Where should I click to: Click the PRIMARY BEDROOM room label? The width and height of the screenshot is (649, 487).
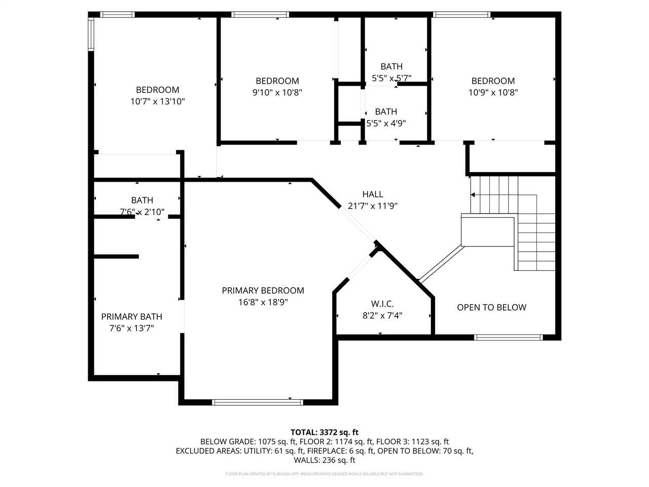click(x=263, y=291)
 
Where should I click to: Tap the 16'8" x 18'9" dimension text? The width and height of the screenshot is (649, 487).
click(x=263, y=302)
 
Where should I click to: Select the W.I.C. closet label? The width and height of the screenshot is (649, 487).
click(x=382, y=304)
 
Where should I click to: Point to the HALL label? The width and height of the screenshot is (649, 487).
click(x=373, y=194)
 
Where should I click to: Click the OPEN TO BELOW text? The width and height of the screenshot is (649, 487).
click(x=491, y=307)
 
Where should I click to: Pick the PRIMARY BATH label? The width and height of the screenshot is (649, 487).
click(x=131, y=317)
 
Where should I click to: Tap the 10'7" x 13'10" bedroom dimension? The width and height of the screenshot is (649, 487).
click(x=157, y=101)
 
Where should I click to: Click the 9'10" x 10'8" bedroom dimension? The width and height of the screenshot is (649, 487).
click(x=277, y=92)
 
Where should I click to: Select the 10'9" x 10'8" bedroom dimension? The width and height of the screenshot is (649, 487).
click(x=493, y=92)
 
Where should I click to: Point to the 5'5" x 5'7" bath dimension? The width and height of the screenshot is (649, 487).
click(x=391, y=78)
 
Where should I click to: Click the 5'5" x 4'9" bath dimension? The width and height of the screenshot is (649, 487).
click(x=386, y=123)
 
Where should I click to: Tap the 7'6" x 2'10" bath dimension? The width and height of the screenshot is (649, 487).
click(x=142, y=212)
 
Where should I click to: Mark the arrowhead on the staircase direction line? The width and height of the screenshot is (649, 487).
click(x=473, y=195)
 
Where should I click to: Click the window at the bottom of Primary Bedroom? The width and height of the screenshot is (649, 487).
click(x=258, y=402)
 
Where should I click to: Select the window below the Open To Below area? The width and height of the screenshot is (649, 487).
click(x=508, y=337)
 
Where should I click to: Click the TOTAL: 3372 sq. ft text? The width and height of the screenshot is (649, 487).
click(x=324, y=432)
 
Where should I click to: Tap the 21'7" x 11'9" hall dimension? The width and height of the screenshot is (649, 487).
click(x=373, y=206)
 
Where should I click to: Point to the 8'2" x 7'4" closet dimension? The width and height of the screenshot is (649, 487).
click(x=382, y=316)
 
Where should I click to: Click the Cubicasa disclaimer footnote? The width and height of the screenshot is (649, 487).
click(x=324, y=474)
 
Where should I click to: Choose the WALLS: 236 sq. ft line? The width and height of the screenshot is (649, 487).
click(x=324, y=460)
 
